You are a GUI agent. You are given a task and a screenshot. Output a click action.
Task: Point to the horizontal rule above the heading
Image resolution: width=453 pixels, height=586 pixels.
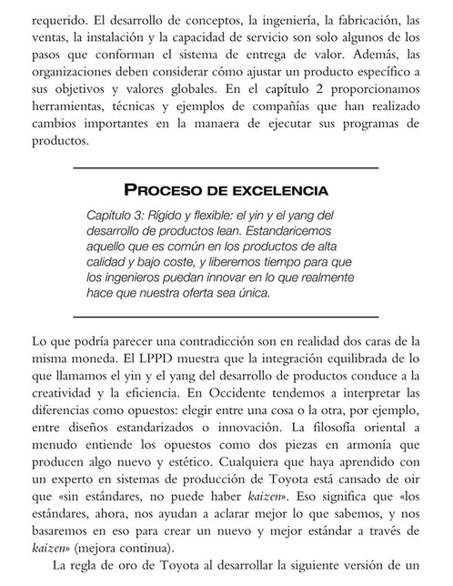226,167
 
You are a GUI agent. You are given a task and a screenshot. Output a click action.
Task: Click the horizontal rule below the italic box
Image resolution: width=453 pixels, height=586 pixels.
226,316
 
